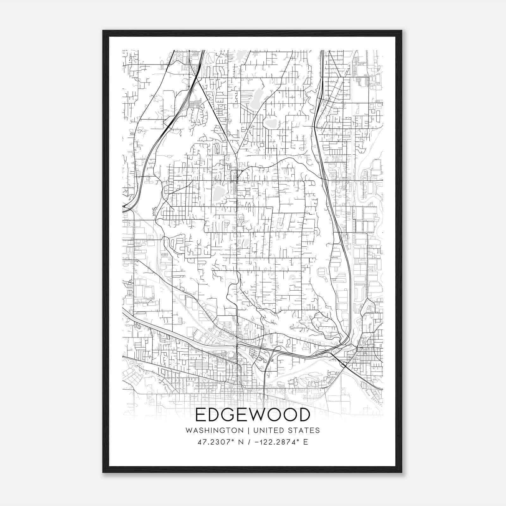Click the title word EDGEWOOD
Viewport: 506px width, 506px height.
pyautogui.click(x=253, y=415)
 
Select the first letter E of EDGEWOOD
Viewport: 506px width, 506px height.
pyautogui.click(x=201, y=415)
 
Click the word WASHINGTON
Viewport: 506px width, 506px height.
pyautogui.click(x=215, y=430)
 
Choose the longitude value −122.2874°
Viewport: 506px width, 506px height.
pyautogui.click(x=279, y=442)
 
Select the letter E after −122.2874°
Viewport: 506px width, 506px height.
pyautogui.click(x=305, y=442)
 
